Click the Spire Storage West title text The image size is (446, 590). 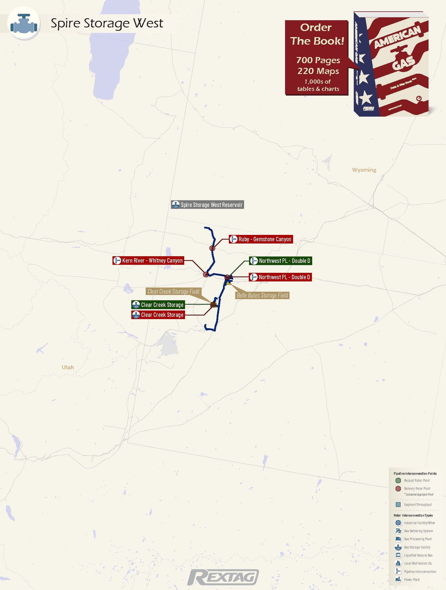[107, 23]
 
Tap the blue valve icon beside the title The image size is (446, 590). [24, 23]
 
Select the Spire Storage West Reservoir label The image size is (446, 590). [208, 205]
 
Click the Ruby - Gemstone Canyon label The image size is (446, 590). [261, 239]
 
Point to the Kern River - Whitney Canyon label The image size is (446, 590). [148, 261]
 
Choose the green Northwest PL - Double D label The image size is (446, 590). [280, 261]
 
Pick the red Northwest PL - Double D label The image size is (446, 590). [280, 277]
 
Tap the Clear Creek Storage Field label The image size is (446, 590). [173, 291]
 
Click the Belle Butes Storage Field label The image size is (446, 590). [262, 295]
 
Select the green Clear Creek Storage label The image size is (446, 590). [158, 305]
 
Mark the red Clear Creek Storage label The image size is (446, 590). [158, 315]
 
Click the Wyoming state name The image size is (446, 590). [364, 170]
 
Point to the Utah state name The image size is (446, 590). [67, 367]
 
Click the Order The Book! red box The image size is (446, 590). [316, 58]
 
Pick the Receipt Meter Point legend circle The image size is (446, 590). [398, 480]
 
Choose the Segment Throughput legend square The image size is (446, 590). [398, 504]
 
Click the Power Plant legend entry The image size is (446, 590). [412, 579]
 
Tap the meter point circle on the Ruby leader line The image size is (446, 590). [212, 248]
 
